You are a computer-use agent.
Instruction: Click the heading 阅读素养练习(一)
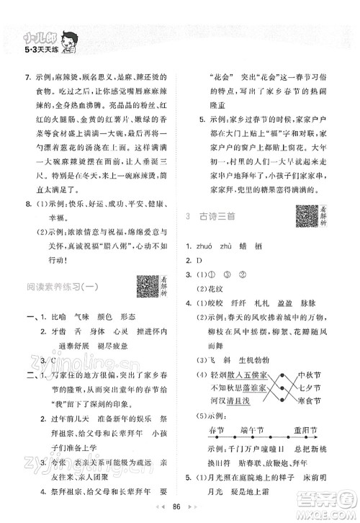[x=59, y=290]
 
